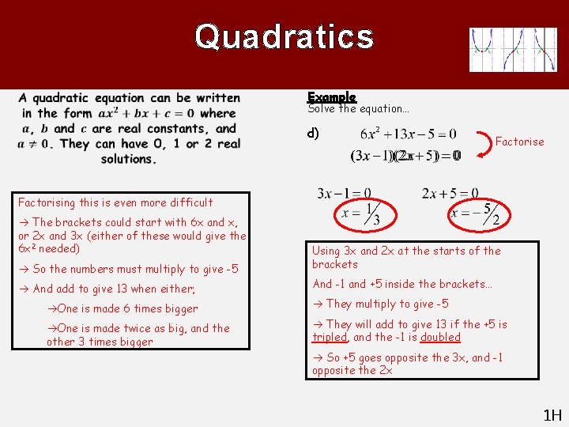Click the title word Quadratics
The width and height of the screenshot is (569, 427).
coord(284,36)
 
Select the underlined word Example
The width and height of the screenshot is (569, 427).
coord(332,97)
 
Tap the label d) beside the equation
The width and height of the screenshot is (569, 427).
coord(314,133)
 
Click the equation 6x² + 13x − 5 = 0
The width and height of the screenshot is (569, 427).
coord(408,135)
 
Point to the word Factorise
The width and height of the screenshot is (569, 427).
coord(519,142)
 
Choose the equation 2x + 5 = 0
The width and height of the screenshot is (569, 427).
coord(450,193)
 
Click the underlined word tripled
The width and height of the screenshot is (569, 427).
coord(330,337)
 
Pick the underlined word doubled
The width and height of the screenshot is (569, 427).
coord(440,337)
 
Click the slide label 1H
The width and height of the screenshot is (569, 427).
coord(551,414)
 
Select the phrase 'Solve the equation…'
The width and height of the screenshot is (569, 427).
coord(358,109)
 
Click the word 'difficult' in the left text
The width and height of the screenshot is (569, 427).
coord(187,202)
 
